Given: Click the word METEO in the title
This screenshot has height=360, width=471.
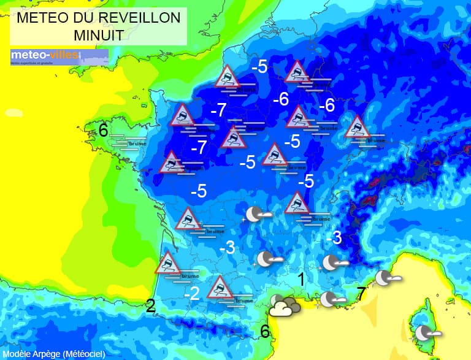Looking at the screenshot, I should point(42,18).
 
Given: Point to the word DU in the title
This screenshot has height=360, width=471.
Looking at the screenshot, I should point(81,18).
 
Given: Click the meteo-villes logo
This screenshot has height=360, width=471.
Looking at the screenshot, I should point(59,57).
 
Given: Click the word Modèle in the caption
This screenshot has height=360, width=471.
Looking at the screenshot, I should point(18,354).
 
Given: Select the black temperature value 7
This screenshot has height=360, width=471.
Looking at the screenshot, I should point(361,294).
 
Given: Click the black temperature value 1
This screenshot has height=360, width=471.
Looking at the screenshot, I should point(301,279).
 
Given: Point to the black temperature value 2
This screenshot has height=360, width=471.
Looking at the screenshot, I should point(151,306).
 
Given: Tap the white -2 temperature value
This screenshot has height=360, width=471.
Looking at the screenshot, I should point(192,294).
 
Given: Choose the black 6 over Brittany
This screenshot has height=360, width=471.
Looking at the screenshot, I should point(103,130).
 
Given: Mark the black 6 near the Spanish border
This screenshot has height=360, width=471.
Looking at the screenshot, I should point(265,331).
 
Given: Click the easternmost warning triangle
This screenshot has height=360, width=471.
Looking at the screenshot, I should point(357,128).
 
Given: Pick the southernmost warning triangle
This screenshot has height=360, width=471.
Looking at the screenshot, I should point(219,287).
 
